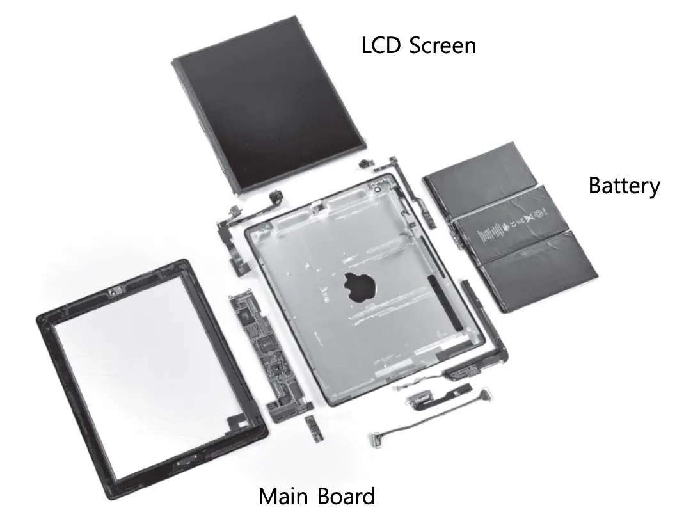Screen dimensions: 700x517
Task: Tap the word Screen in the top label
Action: pos(442,45)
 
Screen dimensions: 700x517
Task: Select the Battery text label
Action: pos(624,186)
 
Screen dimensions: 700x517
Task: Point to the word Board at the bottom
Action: pos(346,497)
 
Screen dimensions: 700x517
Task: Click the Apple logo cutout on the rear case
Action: pos(360,287)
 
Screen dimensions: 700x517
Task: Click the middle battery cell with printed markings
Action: pos(512,225)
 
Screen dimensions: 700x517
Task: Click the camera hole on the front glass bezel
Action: pos(113,292)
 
